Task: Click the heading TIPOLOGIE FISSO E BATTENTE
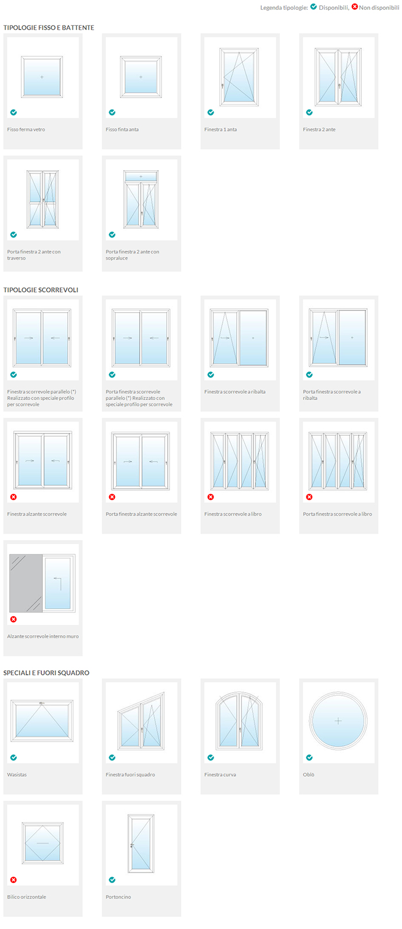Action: [49, 28]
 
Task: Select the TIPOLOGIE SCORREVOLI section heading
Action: [41, 290]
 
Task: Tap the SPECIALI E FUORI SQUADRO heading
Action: [47, 673]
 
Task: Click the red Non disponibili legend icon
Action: [355, 7]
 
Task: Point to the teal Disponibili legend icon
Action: [314, 7]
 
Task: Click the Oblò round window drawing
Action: [338, 721]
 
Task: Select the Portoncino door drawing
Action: [141, 843]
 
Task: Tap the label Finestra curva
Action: [220, 774]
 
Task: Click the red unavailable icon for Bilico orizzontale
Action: [14, 880]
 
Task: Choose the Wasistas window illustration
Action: [42, 721]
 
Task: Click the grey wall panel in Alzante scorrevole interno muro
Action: [26, 583]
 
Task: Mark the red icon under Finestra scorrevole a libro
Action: [211, 497]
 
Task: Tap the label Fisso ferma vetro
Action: [26, 129]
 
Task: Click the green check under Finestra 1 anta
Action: [211, 113]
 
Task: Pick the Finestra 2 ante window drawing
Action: [338, 76]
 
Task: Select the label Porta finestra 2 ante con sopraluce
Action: [132, 255]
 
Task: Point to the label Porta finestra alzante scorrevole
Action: [141, 514]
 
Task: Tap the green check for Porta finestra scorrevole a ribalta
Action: [310, 374]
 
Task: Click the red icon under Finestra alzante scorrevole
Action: [14, 497]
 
